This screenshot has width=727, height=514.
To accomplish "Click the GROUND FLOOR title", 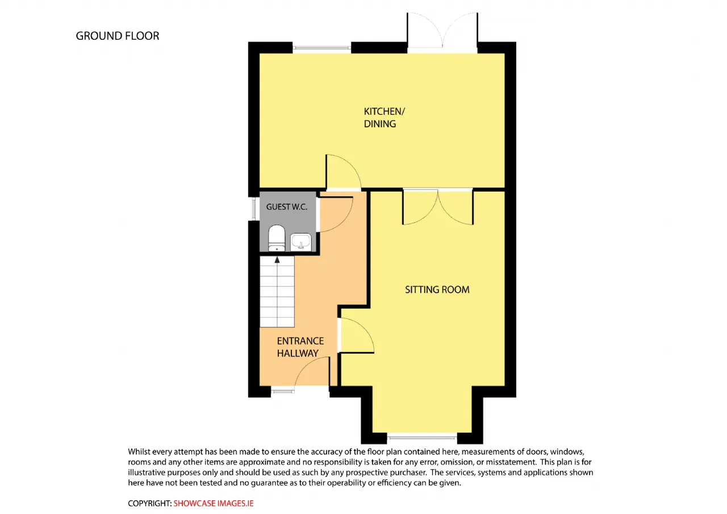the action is click(118, 36).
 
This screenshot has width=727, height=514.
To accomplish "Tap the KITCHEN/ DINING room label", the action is click(385, 118).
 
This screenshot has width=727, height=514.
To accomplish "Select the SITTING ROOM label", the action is click(437, 289).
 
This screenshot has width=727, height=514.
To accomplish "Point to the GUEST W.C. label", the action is click(287, 207).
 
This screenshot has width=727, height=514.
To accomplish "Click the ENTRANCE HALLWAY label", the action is click(300, 347).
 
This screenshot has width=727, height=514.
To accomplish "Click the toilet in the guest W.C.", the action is click(277, 238).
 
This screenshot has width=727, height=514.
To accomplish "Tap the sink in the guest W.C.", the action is click(301, 242).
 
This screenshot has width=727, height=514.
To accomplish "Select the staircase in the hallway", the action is click(277, 292).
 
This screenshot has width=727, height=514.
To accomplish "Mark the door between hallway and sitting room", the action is click(356, 335).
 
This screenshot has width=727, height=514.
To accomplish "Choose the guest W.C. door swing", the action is click(336, 214).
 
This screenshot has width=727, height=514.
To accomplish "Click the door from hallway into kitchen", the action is click(344, 172).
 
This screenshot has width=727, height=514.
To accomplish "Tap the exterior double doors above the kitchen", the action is click(442, 32).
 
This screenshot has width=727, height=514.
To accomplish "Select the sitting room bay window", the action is click(422, 438).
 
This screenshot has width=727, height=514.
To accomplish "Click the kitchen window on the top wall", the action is click(321, 48).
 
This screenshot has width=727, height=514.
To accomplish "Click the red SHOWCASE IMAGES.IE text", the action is click(213, 503).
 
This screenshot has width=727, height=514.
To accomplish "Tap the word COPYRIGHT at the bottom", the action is click(149, 503).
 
